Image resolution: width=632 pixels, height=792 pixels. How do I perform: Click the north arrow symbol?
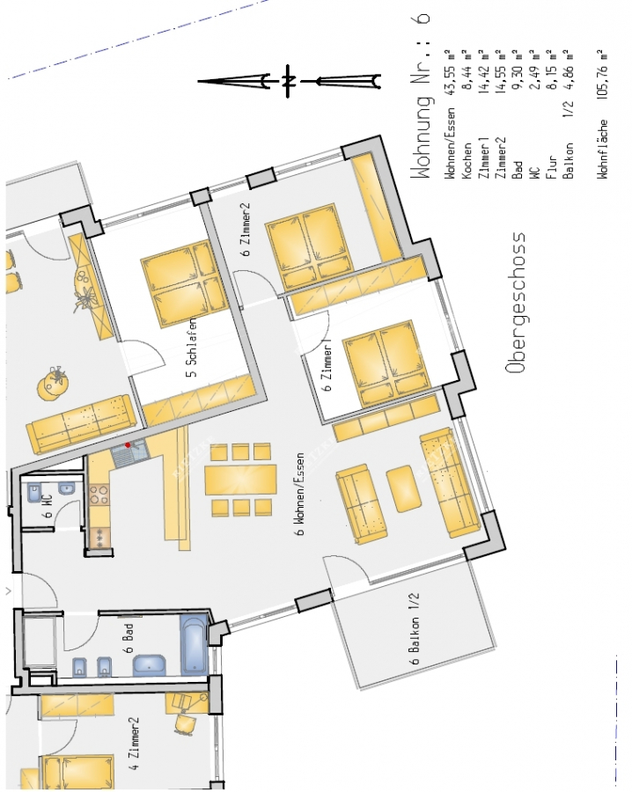290,82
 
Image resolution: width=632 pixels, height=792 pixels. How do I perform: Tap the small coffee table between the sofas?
403,488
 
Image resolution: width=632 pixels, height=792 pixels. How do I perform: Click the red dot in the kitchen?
129,445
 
